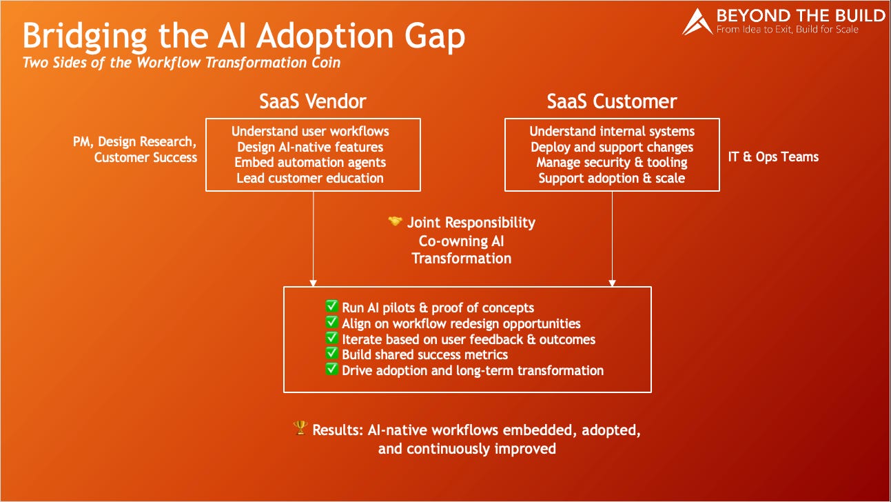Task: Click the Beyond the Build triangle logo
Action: coord(697,22)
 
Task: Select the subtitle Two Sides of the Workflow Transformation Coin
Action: coord(181,63)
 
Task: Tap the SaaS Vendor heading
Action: coord(313,102)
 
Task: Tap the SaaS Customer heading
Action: coord(612,102)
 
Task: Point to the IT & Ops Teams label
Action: coord(773,157)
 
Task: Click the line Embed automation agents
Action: coord(310,163)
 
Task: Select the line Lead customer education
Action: coord(310,178)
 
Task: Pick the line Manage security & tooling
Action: coord(612,163)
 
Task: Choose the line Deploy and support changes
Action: coord(612,147)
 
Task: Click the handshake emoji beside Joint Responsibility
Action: coord(395,222)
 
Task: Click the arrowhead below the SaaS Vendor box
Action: coord(313,283)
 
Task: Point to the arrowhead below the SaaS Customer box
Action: coord(612,283)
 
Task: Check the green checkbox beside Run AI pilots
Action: coord(332,308)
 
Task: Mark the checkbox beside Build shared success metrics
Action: coord(332,354)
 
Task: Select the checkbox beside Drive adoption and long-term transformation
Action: coord(332,370)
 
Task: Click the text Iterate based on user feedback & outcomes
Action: coord(469,339)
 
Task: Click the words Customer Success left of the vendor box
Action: coord(145,157)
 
